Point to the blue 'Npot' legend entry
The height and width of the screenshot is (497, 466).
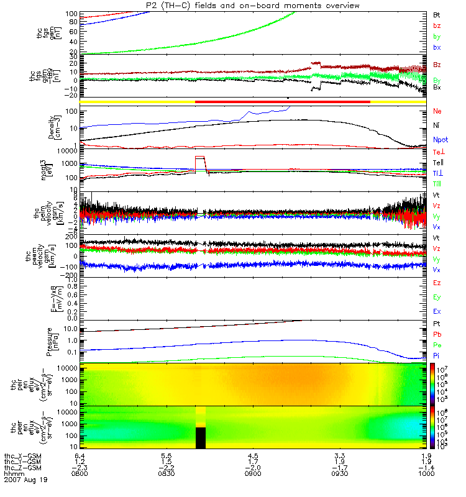point(439,141)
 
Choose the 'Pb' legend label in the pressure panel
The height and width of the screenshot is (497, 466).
point(437,335)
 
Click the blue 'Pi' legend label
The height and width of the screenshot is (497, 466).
point(437,356)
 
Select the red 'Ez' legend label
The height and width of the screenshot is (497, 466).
point(437,282)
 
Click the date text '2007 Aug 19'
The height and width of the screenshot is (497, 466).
point(25,480)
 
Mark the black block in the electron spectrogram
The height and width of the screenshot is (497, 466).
point(201,437)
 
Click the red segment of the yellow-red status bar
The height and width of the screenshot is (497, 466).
point(283,101)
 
